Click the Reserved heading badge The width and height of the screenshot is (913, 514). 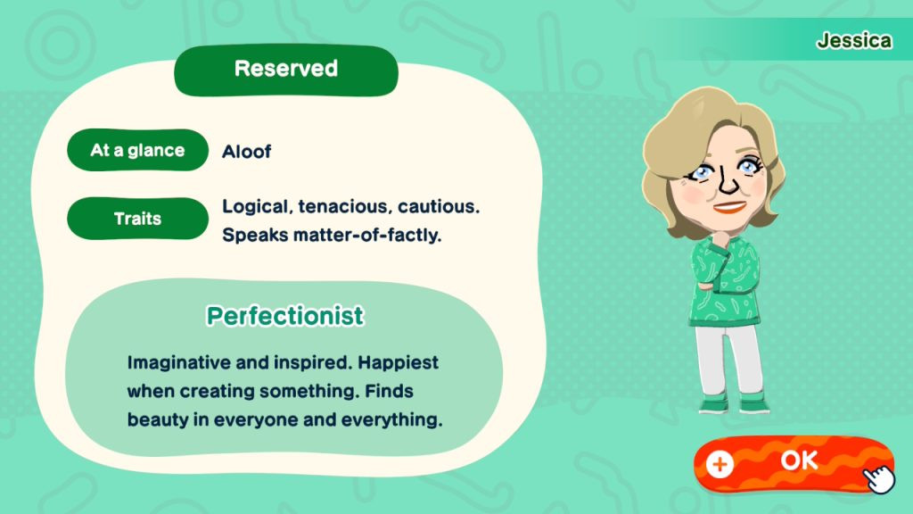pos(286,70)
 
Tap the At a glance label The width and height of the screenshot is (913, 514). pos(137,150)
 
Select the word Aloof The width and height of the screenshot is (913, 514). pos(246,152)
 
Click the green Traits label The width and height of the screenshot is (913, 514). pos(137,219)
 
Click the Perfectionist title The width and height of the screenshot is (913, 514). pos(285,316)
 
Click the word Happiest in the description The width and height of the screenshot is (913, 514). pos(398,362)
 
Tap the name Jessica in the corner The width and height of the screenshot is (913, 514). pos(853,40)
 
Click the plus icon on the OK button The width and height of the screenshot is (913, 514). pos(720,464)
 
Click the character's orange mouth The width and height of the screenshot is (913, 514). pos(729,207)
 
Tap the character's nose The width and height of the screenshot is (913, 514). pos(727,180)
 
